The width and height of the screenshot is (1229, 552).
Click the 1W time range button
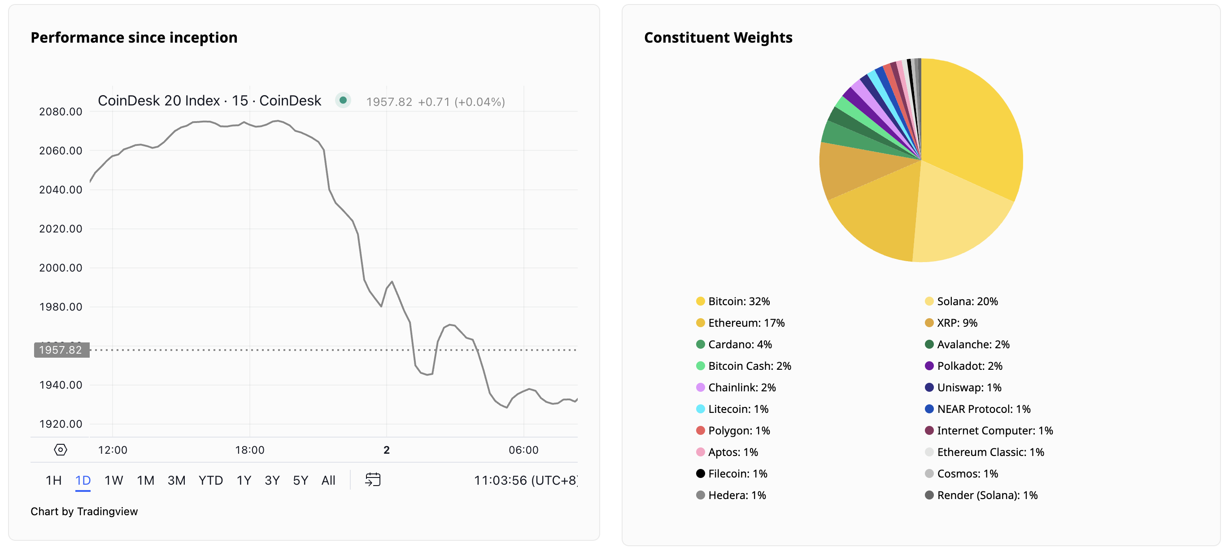click(113, 480)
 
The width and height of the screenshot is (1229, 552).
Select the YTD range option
click(210, 480)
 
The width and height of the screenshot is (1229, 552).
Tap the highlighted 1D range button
click(83, 480)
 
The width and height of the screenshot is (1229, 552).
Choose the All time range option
click(328, 480)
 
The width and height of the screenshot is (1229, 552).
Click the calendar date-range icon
click(373, 479)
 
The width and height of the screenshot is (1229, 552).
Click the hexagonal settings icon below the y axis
click(61, 449)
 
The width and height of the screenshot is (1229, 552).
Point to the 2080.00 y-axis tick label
click(61, 112)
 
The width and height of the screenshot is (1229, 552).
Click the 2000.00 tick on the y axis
click(61, 268)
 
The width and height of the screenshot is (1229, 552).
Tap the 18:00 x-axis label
click(249, 450)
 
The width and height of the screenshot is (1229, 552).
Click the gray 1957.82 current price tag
click(61, 350)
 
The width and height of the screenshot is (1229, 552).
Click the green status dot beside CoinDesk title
click(343, 100)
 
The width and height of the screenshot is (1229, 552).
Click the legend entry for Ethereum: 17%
click(746, 323)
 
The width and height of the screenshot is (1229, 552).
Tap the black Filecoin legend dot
click(700, 474)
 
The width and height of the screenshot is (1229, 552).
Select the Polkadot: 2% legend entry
click(969, 366)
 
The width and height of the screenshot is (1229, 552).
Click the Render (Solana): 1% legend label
click(987, 495)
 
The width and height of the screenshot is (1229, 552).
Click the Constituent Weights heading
click(718, 37)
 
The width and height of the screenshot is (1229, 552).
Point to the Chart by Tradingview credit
click(84, 512)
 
